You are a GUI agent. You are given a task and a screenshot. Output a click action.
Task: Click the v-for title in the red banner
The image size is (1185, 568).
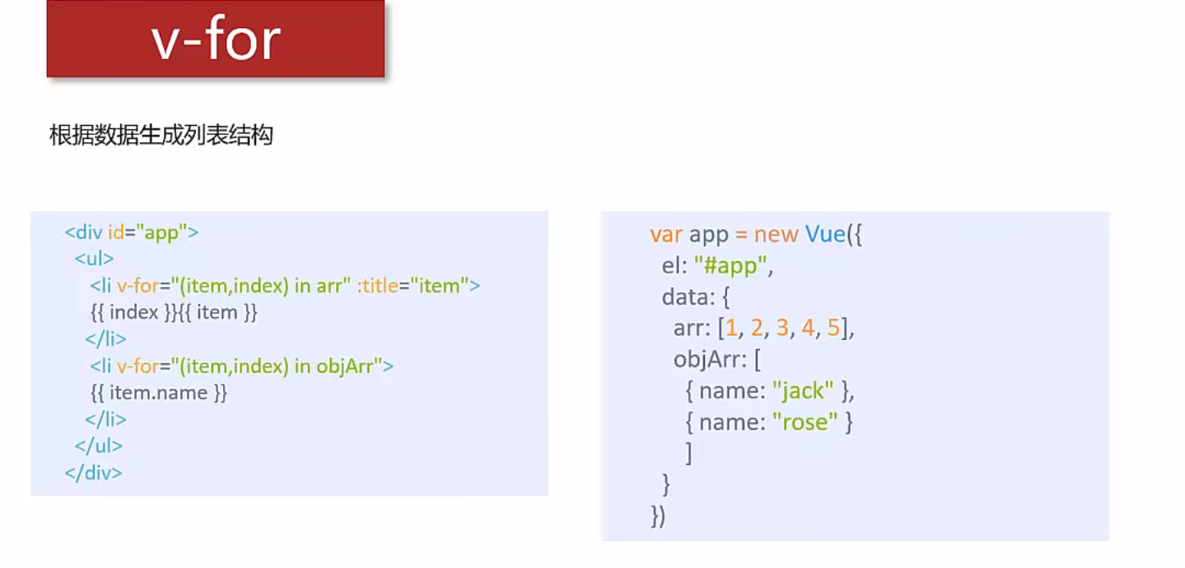[217, 39]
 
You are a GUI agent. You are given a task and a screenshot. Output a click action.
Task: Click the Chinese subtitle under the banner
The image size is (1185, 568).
[161, 135]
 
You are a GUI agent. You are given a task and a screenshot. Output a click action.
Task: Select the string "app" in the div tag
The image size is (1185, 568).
[161, 232]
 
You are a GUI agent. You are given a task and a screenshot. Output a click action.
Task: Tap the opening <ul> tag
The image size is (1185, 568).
[94, 258]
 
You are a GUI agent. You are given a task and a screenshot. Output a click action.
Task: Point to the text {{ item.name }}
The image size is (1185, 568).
[159, 393]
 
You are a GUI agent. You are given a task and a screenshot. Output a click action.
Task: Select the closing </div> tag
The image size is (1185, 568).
[93, 473]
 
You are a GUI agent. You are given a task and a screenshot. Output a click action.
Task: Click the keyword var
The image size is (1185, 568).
[666, 235]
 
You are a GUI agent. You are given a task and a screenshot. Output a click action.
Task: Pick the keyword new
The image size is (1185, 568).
[777, 235]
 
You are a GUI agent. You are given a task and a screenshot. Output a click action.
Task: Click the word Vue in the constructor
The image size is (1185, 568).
[825, 235]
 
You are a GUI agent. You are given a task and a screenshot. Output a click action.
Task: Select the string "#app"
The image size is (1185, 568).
[734, 266]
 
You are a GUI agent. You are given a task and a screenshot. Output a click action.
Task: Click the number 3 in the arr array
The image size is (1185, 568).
[781, 328]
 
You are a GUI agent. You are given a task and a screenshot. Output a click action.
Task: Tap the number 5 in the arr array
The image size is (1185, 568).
[833, 328]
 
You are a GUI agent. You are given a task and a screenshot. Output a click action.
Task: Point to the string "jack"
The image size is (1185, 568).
[803, 390]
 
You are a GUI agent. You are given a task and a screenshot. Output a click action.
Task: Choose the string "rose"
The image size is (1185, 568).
[805, 421]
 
